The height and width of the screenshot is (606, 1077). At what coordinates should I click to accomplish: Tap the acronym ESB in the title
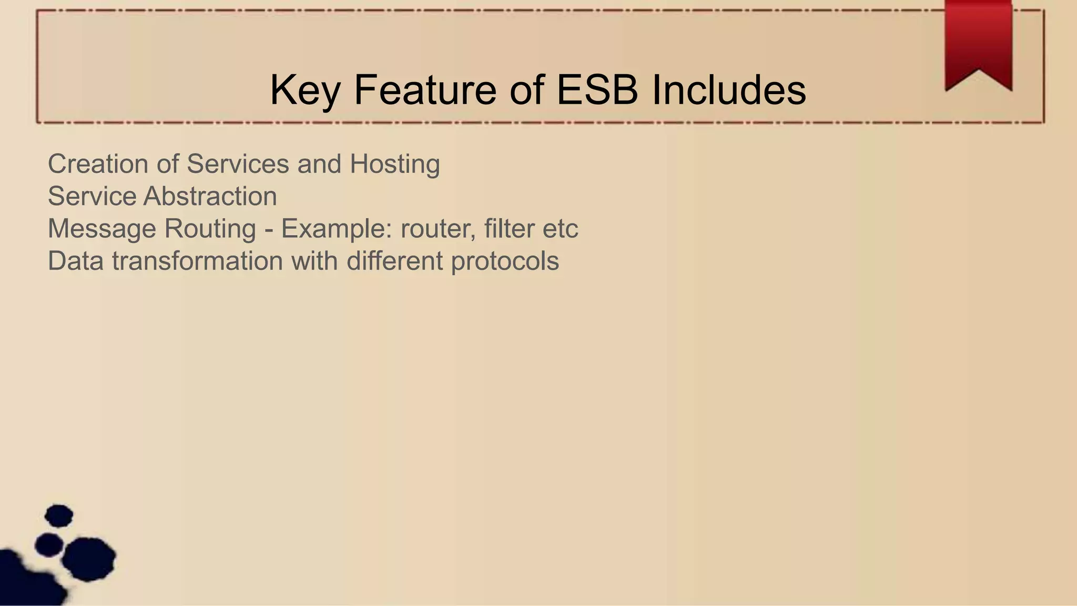click(x=597, y=89)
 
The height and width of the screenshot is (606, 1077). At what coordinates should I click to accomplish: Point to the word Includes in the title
click(x=729, y=89)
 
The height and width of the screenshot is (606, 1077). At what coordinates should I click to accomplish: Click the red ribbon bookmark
click(x=979, y=42)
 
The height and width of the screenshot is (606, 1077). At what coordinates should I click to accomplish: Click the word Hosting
click(x=394, y=164)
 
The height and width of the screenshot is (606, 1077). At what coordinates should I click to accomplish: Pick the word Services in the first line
click(x=238, y=164)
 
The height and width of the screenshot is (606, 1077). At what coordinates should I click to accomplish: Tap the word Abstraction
click(x=210, y=196)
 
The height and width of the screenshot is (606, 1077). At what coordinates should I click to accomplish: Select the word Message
click(x=102, y=229)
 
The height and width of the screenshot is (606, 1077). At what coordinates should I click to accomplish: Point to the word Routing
click(x=210, y=229)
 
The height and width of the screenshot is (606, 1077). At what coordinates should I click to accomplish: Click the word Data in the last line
click(x=76, y=261)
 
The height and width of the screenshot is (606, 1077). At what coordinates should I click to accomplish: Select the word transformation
click(x=197, y=261)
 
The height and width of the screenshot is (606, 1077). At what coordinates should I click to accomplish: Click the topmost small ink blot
click(x=59, y=516)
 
